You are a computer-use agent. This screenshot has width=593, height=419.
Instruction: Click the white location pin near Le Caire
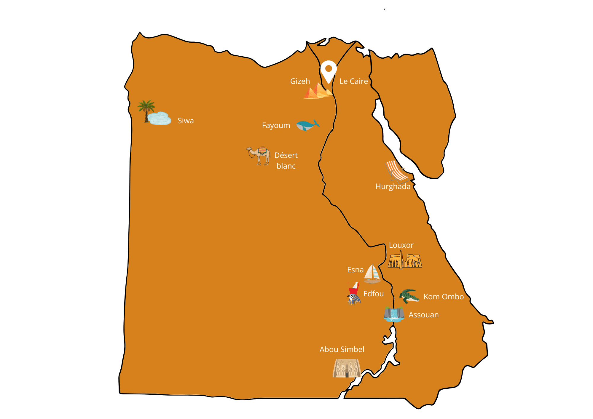329,70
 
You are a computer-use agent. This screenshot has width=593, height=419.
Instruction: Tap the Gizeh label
300,81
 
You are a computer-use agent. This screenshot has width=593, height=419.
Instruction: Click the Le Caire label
353,81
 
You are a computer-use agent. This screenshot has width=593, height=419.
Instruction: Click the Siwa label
186,121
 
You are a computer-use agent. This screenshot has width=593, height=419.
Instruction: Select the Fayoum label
276,125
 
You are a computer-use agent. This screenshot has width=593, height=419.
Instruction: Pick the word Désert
286,155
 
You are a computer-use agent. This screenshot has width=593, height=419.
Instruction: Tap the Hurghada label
393,186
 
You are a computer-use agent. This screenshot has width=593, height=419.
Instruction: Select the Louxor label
401,245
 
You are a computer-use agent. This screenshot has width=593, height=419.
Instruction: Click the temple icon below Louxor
405,260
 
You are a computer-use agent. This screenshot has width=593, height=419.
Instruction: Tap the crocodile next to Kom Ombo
409,296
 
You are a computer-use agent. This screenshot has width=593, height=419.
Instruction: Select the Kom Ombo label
444,297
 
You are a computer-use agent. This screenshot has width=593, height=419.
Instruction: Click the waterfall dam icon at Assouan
394,314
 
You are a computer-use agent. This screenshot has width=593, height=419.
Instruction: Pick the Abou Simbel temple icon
346,368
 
